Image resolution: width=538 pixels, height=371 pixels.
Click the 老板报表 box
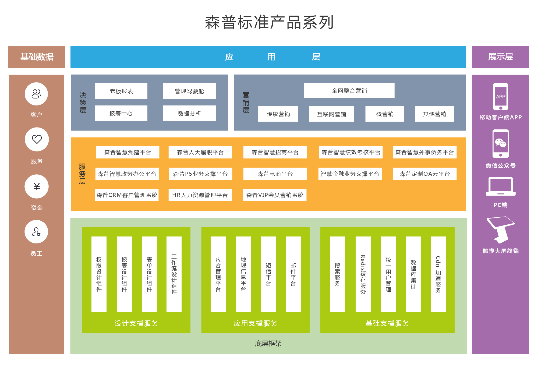tap(121, 91)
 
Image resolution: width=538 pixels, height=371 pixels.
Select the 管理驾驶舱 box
tap(189, 91)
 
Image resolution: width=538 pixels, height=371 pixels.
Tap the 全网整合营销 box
tap(349, 91)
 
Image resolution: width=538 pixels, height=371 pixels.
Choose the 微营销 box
tap(385, 114)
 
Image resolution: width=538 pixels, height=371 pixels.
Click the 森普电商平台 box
tap(275, 174)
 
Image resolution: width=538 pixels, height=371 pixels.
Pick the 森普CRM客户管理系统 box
tap(127, 195)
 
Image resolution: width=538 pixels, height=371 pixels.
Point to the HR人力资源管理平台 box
tap(200, 195)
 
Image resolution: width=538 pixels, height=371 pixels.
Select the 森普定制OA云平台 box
tap(424, 174)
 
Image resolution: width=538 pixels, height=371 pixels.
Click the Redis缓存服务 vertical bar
tap(363, 274)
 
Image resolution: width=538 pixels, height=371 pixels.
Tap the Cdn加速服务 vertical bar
tap(438, 274)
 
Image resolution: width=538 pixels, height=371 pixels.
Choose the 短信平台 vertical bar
tap(268, 274)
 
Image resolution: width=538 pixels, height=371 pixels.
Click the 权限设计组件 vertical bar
tap(99, 274)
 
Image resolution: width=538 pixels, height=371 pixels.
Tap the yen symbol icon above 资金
tap(37, 186)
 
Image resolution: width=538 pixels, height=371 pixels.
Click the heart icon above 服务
tap(37, 139)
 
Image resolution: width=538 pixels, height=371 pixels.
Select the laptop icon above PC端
tap(500, 186)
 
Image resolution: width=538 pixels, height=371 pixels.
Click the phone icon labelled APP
tap(500, 97)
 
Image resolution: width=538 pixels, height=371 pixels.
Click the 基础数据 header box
tap(37, 57)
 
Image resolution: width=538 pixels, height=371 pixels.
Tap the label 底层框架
tap(268, 344)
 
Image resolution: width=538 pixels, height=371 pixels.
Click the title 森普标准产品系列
tap(269, 22)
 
